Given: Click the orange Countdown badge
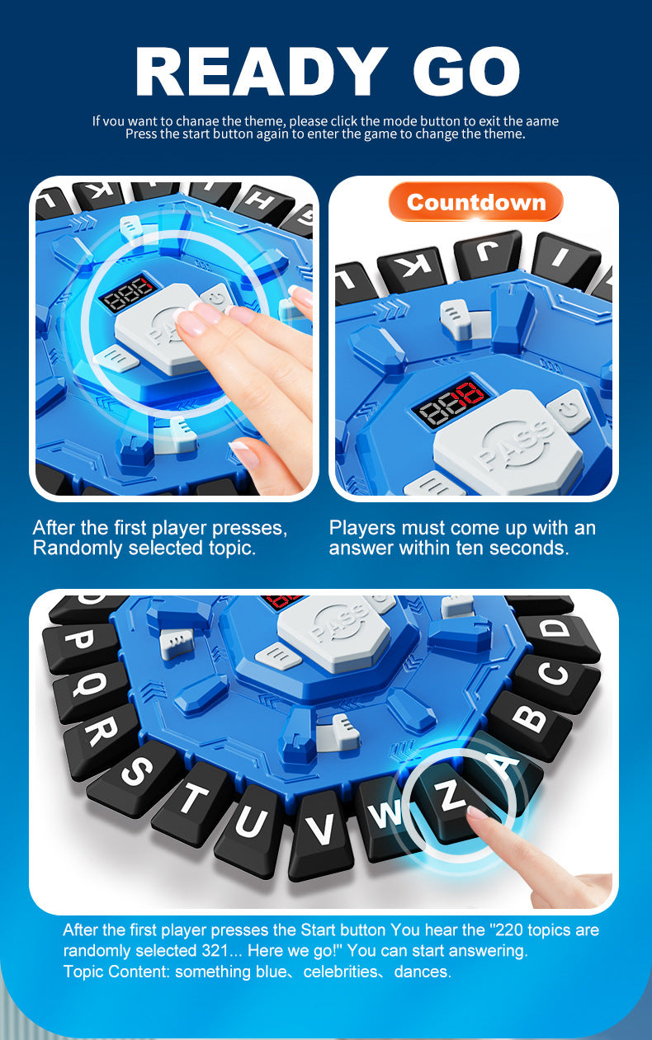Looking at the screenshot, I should click(x=475, y=202).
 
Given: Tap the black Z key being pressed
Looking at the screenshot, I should click(x=451, y=799).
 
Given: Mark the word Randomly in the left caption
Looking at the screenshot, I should click(x=72, y=548).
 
